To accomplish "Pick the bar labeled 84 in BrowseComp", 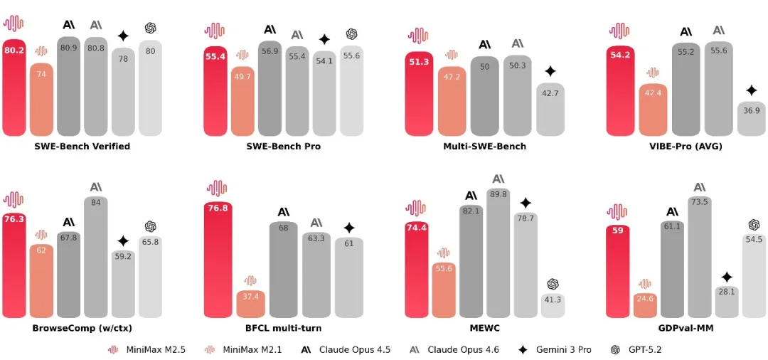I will pos(95,256).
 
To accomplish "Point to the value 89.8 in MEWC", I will pos(498,194).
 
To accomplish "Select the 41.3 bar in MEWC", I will pos(553,305).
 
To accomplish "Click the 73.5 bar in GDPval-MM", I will pos(700,256).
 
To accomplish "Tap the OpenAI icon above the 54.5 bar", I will pos(754,225).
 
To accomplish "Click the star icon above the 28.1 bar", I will pos(727,277).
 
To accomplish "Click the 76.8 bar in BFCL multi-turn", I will pos(218,260).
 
